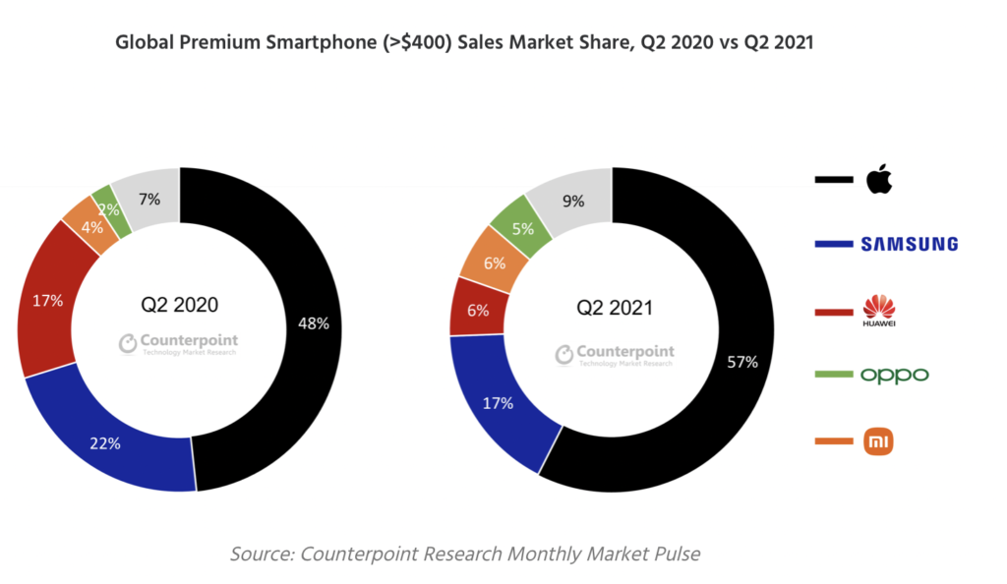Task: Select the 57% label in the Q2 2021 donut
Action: (x=742, y=362)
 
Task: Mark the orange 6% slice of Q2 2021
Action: (x=494, y=263)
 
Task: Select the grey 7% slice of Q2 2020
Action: (x=149, y=199)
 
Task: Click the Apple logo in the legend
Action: (x=878, y=181)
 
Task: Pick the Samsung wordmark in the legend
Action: (x=908, y=244)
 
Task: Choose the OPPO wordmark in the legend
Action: (x=894, y=376)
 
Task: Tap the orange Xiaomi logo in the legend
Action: (x=878, y=442)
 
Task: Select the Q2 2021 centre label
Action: (x=614, y=308)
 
